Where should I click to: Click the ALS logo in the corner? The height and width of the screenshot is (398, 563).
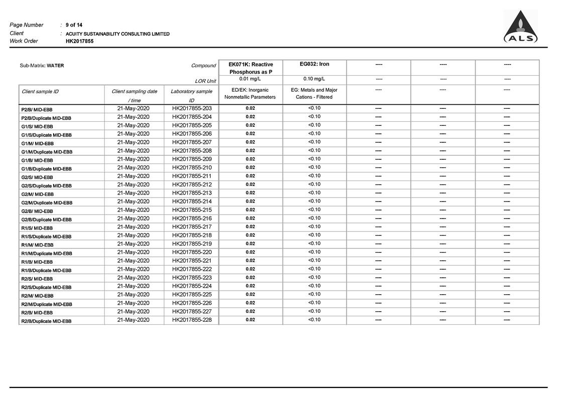tap(521, 28)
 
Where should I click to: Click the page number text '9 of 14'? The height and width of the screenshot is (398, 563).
tap(74, 25)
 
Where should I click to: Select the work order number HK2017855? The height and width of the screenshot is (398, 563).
tap(80, 41)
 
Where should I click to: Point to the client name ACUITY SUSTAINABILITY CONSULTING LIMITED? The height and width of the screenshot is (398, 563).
tap(117, 34)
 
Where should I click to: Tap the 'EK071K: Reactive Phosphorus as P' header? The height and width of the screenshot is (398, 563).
tap(251, 68)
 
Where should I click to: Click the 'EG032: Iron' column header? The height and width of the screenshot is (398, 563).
tap(315, 64)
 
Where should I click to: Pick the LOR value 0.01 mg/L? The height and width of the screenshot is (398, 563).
tap(250, 79)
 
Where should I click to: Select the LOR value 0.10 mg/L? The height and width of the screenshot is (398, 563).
tap(314, 79)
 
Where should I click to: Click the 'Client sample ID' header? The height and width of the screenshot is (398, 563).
tap(40, 92)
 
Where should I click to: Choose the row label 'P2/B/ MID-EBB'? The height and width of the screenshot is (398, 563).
tap(37, 109)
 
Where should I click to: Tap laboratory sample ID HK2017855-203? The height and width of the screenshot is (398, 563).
tap(192, 108)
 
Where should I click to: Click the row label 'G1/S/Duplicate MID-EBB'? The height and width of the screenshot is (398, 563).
tap(46, 135)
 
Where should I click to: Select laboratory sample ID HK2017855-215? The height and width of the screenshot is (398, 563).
tap(192, 210)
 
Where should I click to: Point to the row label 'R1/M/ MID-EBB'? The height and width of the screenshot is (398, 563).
tap(37, 245)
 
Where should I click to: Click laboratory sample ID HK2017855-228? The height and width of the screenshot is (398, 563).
tap(192, 320)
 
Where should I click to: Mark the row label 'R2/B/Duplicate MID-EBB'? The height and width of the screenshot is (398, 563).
tap(46, 321)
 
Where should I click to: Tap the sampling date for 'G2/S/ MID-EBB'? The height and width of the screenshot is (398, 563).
tap(133, 176)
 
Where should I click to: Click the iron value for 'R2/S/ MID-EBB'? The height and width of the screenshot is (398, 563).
tap(314, 277)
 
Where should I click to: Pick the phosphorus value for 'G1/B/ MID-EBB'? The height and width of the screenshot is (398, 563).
tap(250, 159)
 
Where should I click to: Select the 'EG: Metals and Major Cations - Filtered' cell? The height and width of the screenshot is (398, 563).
tap(314, 94)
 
